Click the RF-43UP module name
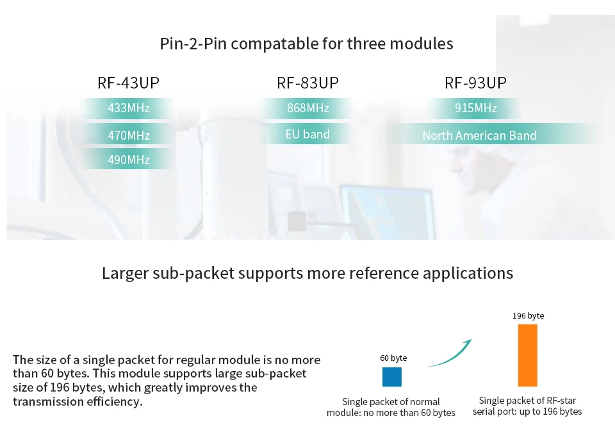128,83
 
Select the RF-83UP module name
307,83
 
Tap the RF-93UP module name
475,83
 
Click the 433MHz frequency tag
128,108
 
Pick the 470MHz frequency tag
128,135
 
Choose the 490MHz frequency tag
128,160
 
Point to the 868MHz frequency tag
307,108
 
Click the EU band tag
307,134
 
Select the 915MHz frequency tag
475,108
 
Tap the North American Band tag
479,135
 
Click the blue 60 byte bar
391,377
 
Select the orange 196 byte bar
527,355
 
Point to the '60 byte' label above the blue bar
393,358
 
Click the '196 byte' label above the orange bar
528,316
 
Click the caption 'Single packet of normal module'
391,407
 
